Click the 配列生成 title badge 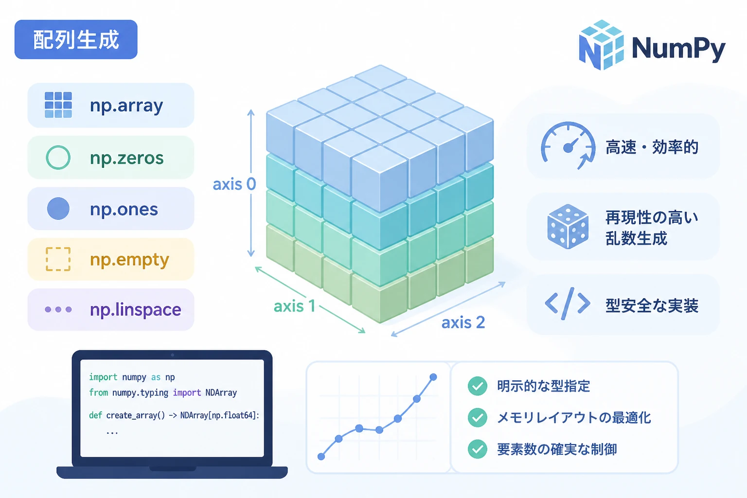pyautogui.click(x=76, y=39)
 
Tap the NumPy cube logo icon pyautogui.click(x=601, y=45)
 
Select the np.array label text pyautogui.click(x=126, y=106)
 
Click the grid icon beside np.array pyautogui.click(x=58, y=105)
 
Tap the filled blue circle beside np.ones pyautogui.click(x=58, y=209)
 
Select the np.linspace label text pyautogui.click(x=136, y=310)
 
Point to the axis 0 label pyautogui.click(x=234, y=184)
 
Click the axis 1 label pyautogui.click(x=294, y=306)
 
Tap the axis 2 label pyautogui.click(x=463, y=322)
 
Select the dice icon pyautogui.click(x=568, y=227)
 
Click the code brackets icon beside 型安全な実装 pyautogui.click(x=568, y=303)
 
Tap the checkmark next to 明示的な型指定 pyautogui.click(x=478, y=386)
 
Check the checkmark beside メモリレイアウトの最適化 pyautogui.click(x=478, y=417)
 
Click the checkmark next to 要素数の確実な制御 pyautogui.click(x=478, y=449)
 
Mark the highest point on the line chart pyautogui.click(x=433, y=377)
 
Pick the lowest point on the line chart pyautogui.click(x=321, y=457)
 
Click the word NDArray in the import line pyautogui.click(x=221, y=392)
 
